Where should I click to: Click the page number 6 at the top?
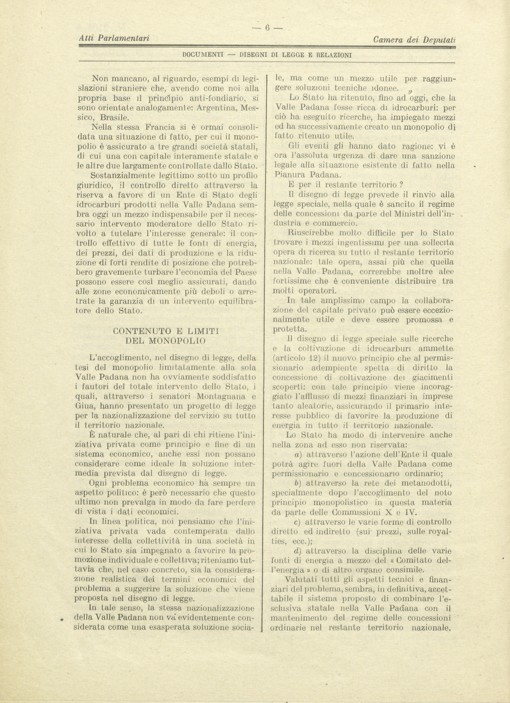click(x=267, y=28)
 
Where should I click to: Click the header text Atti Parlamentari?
click(x=114, y=38)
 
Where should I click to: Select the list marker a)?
click(x=299, y=454)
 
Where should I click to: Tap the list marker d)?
click(x=299, y=551)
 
